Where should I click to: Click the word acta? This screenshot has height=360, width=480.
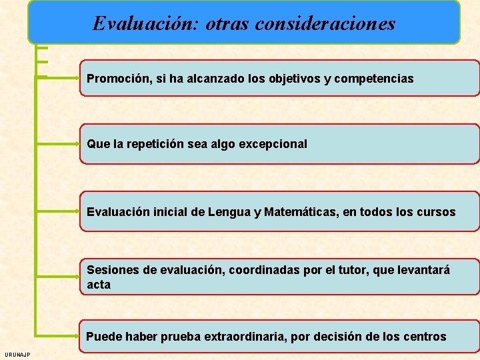[x=99, y=285]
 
